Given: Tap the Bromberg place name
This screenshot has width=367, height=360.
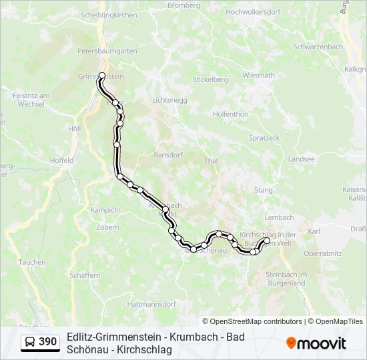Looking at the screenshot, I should point(183,5).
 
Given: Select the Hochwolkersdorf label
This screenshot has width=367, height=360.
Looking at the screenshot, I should point(253,12).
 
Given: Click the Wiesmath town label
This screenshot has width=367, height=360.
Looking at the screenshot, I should point(258,75).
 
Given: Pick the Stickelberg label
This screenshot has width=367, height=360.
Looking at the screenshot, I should point(210,79).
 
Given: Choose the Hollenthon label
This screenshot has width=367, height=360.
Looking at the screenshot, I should point(230,114).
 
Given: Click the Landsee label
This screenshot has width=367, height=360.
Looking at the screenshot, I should point(302,159).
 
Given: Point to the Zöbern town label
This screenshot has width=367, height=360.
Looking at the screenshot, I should point(107,227).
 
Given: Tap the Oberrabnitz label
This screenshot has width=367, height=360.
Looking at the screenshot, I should point(322,253).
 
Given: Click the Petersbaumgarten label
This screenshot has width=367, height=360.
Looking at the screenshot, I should point(107,51).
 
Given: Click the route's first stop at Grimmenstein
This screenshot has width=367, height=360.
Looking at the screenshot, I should point(102,75).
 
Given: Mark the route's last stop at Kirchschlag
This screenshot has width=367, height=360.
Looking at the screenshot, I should point(267,240).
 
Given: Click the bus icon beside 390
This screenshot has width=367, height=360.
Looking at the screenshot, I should point(30,342).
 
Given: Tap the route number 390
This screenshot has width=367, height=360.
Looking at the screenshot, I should point(47,342).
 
